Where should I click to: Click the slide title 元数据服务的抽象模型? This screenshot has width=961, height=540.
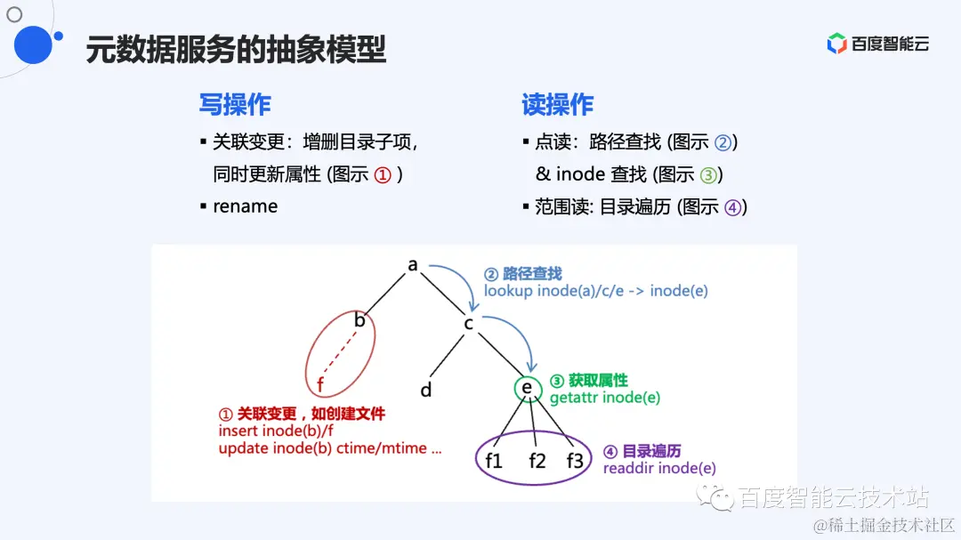pos(236,50)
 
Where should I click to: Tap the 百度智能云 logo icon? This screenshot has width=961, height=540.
pos(836,44)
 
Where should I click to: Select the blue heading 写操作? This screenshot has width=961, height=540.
pos(235,105)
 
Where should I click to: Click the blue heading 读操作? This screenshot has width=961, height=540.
pos(558,105)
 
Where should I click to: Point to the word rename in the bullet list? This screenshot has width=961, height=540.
pos(246,206)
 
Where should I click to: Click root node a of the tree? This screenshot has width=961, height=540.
pos(413,264)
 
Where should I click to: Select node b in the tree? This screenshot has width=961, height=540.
pos(360,319)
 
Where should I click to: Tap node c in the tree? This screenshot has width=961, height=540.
pos(469,323)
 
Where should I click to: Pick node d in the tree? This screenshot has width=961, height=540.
pos(426,390)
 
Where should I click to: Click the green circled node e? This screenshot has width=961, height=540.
pos(527,389)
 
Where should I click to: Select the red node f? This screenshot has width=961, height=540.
pos(320,385)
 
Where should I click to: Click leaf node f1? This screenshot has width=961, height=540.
pos(494,460)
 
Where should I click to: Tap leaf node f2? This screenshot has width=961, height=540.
pos(537,460)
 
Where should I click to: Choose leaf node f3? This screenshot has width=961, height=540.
pos(575,460)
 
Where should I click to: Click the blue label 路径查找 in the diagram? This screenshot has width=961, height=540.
pos(532,274)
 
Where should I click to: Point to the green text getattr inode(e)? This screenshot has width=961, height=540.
pos(605,398)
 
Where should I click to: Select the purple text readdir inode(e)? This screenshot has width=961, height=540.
pos(659,468)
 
